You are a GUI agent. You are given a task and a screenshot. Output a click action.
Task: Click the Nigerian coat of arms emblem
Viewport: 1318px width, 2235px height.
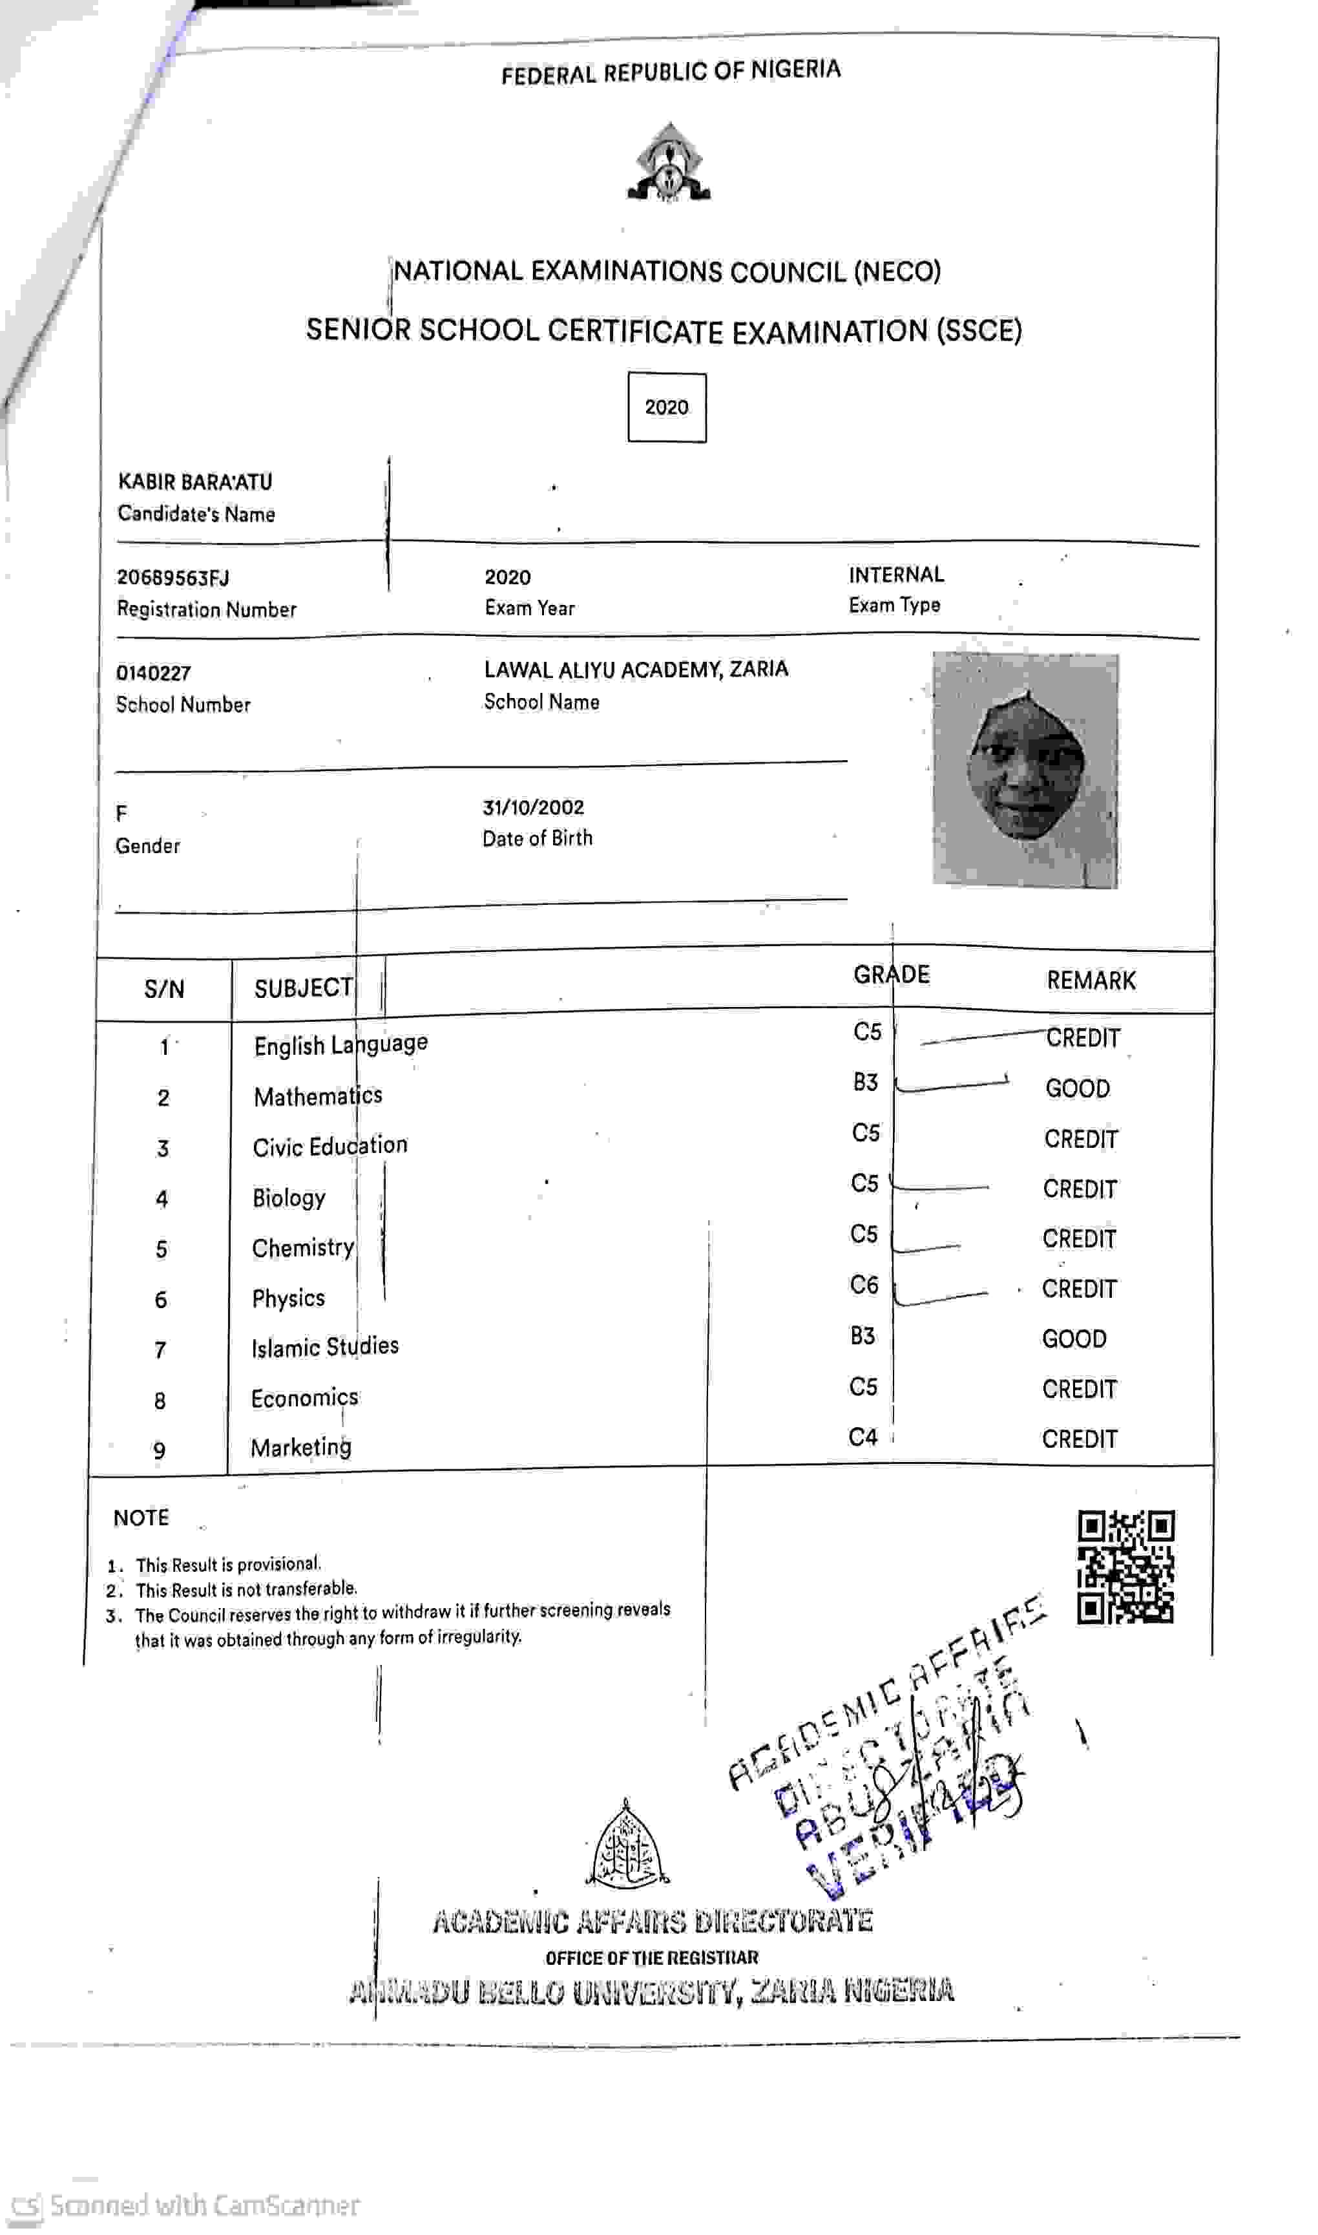point(669,163)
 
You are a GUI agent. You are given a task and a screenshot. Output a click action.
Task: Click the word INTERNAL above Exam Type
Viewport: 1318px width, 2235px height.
point(895,575)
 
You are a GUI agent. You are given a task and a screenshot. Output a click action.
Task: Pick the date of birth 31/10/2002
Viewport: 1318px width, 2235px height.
point(533,807)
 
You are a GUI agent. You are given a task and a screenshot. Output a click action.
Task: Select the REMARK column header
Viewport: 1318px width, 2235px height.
point(1090,980)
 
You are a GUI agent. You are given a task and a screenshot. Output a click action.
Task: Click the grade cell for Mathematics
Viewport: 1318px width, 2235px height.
point(865,1082)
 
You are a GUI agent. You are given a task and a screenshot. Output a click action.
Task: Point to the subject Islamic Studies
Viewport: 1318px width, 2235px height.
point(324,1347)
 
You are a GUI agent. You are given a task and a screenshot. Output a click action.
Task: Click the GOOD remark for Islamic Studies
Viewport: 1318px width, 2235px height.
point(1074,1338)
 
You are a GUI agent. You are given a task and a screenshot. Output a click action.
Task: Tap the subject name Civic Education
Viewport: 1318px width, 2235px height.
point(329,1146)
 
